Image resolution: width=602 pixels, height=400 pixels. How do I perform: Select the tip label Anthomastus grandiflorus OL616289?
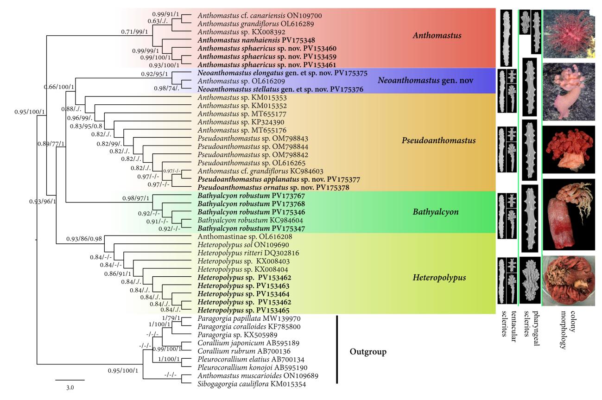[255, 24]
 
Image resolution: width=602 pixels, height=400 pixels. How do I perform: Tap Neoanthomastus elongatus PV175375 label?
[282, 73]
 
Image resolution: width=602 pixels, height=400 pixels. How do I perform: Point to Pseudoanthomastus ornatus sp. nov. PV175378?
[273, 187]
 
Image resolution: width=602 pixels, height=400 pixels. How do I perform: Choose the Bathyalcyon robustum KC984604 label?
[250, 221]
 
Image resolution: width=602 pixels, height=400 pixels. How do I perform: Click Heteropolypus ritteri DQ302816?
[248, 253]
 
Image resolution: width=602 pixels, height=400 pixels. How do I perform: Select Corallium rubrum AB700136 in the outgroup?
[244, 351]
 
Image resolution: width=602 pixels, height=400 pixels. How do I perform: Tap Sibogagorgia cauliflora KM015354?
[252, 384]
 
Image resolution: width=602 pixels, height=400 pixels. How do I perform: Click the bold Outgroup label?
[368, 352]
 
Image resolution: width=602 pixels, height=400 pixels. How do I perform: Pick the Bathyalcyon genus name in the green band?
[435, 212]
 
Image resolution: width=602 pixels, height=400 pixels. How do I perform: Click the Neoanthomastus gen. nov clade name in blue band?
[425, 80]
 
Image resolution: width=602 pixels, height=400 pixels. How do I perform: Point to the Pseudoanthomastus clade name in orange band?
[438, 140]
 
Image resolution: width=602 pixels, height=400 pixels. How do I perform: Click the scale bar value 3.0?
[70, 387]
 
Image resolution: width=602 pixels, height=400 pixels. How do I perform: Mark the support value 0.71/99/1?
[134, 32]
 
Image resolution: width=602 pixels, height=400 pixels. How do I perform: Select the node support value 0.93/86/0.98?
[84, 239]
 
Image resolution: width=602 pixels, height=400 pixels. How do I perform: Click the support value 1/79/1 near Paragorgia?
[171, 318]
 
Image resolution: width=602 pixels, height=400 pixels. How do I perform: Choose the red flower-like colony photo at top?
[569, 33]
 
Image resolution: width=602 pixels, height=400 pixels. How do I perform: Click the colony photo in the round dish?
[569, 280]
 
